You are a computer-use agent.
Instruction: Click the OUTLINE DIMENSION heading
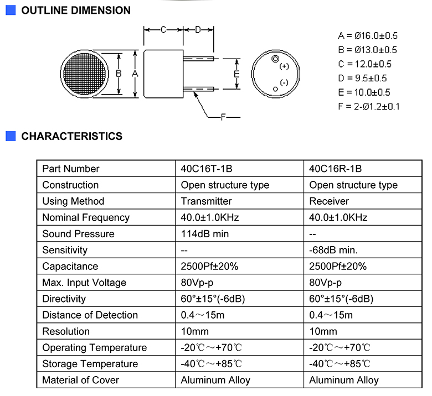click(76, 11)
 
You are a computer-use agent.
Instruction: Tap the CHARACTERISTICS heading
click(72, 136)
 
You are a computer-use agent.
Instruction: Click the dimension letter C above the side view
click(163, 29)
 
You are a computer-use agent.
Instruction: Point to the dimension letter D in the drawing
click(198, 29)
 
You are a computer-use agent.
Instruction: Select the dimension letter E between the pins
click(236, 74)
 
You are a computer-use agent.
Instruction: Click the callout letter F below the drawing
click(223, 117)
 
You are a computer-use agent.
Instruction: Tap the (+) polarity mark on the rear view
click(284, 66)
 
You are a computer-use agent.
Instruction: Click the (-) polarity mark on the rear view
click(284, 82)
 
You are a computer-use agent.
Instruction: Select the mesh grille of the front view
click(85, 74)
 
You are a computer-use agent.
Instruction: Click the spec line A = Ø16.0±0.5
click(368, 36)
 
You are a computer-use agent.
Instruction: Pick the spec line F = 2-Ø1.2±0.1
click(369, 107)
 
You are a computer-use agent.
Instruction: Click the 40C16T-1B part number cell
click(207, 169)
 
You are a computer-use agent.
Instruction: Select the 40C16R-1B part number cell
click(335, 169)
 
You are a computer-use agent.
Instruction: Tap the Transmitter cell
click(206, 201)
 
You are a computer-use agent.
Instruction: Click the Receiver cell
click(329, 201)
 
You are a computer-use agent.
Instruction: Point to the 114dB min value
click(205, 234)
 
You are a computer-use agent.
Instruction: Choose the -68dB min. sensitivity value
click(333, 250)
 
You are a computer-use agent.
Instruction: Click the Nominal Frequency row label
click(86, 218)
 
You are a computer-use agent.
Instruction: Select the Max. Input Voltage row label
click(84, 283)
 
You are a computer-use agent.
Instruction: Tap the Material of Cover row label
click(80, 381)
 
